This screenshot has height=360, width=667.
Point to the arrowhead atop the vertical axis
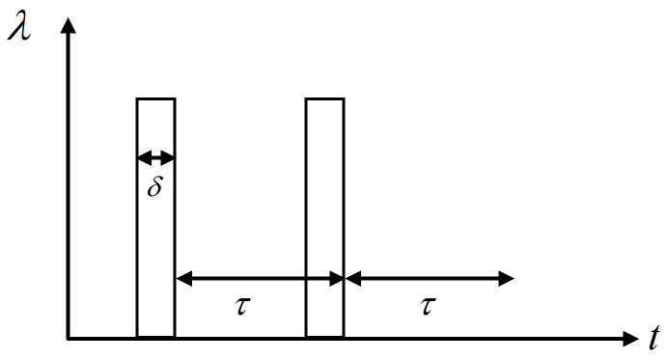(x=68, y=23)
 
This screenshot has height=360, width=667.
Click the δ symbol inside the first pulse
(x=155, y=186)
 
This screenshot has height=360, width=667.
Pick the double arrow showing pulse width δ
(x=155, y=157)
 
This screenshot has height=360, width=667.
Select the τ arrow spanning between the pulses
(x=260, y=279)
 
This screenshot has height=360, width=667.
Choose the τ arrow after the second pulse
(x=429, y=279)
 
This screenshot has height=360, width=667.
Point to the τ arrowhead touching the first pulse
(x=182, y=279)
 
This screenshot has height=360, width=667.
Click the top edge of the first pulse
(x=155, y=98)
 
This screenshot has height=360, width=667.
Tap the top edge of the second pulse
(x=324, y=98)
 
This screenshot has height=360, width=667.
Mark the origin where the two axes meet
(x=68, y=339)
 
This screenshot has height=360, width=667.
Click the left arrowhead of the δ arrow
(x=142, y=157)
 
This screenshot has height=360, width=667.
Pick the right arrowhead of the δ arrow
(x=170, y=157)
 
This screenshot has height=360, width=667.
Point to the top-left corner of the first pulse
(x=137, y=98)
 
